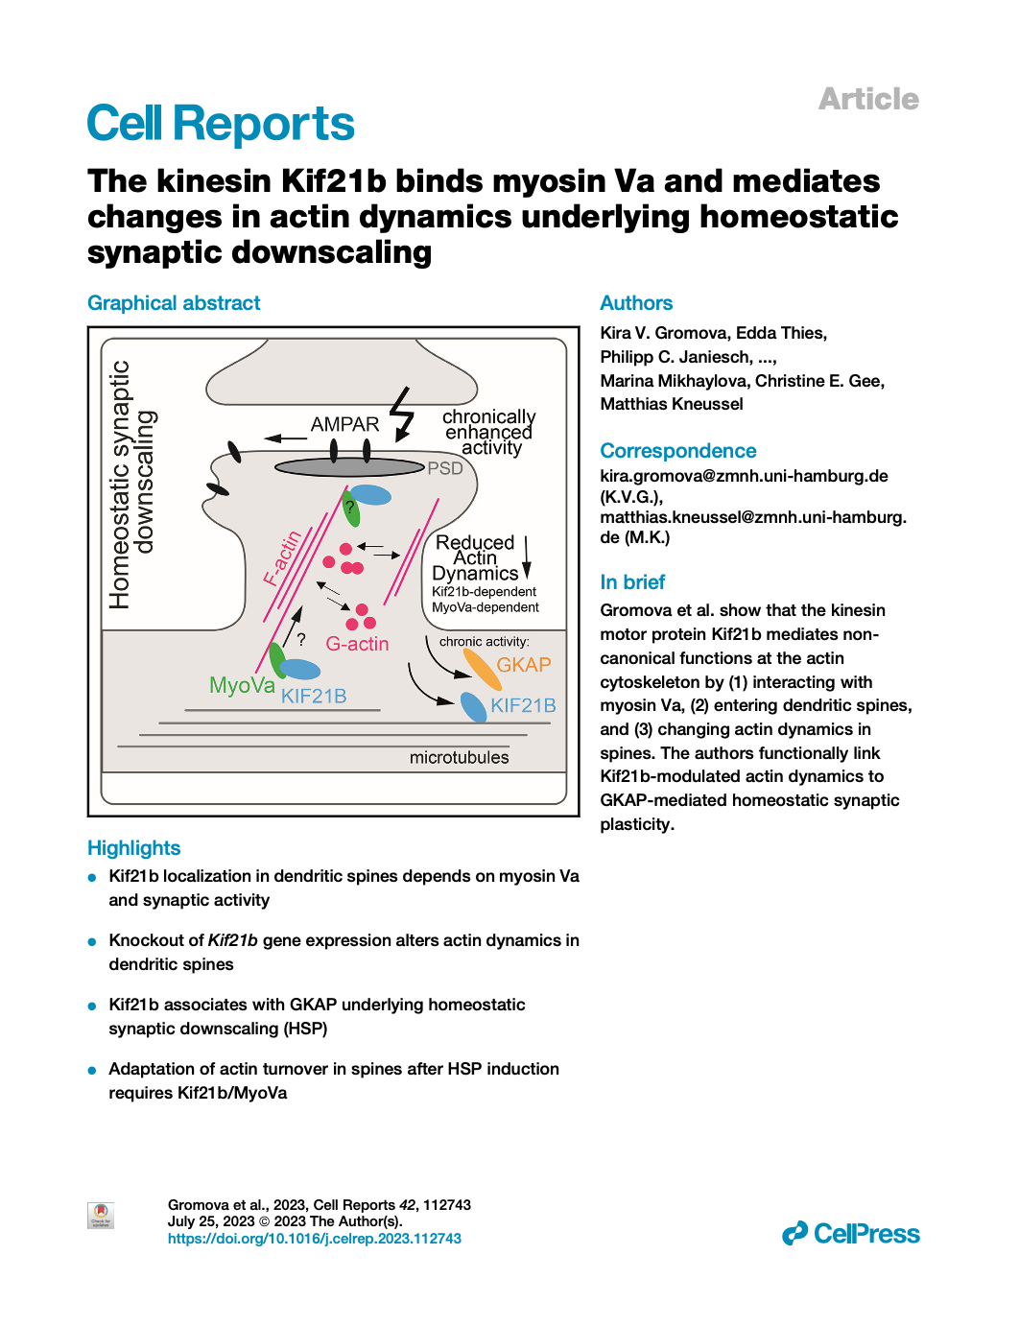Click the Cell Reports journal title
pyautogui.click(x=221, y=124)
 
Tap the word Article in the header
pyautogui.click(x=867, y=99)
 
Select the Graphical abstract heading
pyautogui.click(x=174, y=303)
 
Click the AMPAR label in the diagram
pyautogui.click(x=344, y=424)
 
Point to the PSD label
pyautogui.click(x=445, y=468)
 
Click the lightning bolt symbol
pyautogui.click(x=402, y=414)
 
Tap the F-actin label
pyautogui.click(x=283, y=557)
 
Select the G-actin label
pyautogui.click(x=357, y=644)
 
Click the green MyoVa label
pyautogui.click(x=242, y=685)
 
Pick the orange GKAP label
pyautogui.click(x=523, y=665)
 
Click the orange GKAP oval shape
pyautogui.click(x=483, y=670)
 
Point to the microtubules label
pyautogui.click(x=459, y=757)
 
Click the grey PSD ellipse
pyautogui.click(x=349, y=467)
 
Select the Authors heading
pyautogui.click(x=636, y=303)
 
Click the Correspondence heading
pyautogui.click(x=677, y=451)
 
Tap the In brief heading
pyautogui.click(x=632, y=582)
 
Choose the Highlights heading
pyautogui.click(x=133, y=848)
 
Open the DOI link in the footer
pyautogui.click(x=314, y=1239)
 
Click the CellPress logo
pyautogui.click(x=850, y=1234)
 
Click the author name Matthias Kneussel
pyautogui.click(x=672, y=404)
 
